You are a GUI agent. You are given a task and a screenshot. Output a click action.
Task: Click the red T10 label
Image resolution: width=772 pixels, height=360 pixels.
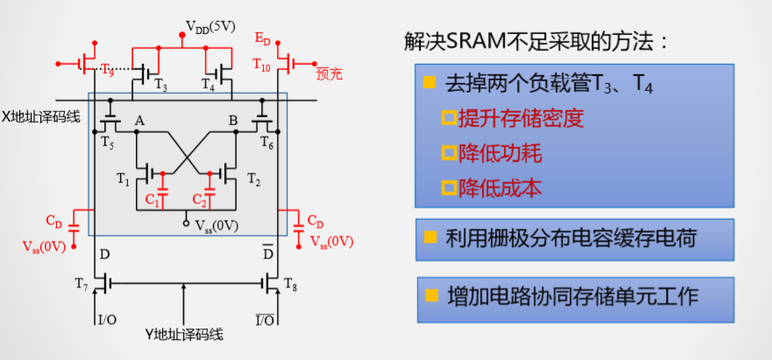point(262,64)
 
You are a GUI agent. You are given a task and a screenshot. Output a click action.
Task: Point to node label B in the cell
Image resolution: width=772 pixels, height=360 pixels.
point(233,121)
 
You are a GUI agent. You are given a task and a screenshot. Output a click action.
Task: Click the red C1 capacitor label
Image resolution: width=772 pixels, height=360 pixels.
point(152,201)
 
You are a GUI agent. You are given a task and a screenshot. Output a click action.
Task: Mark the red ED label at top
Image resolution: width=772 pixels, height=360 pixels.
point(263,40)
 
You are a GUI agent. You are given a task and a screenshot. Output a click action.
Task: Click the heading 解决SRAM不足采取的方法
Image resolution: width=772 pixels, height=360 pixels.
point(537,42)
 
